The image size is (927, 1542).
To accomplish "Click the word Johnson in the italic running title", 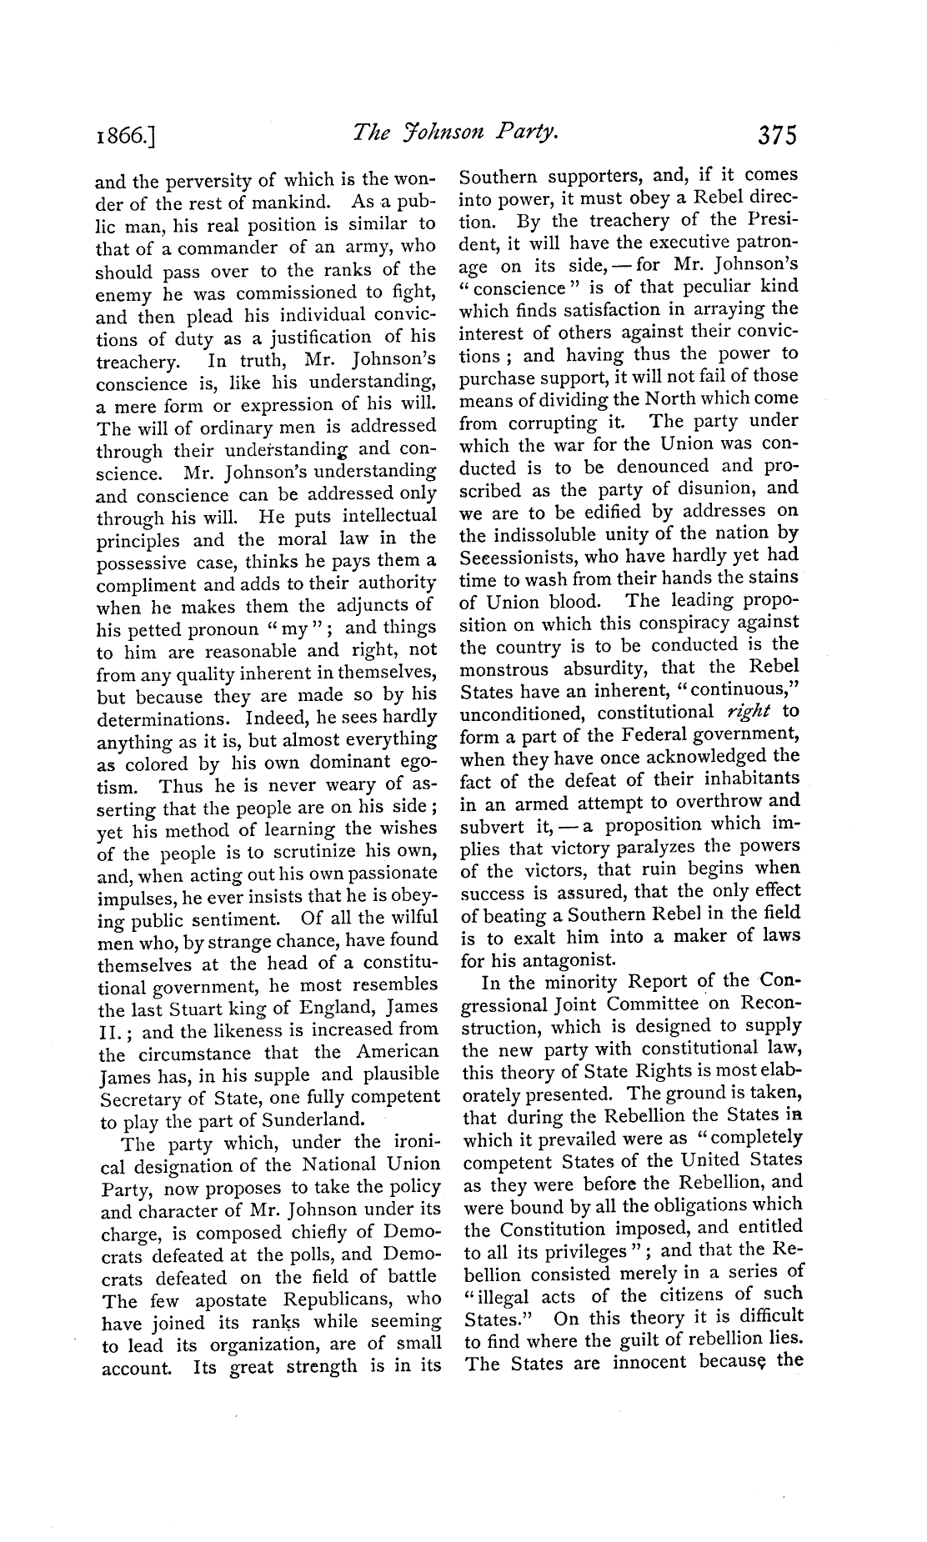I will (x=436, y=133).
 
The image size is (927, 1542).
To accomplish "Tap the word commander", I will (x=228, y=248).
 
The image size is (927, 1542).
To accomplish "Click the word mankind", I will (x=289, y=203).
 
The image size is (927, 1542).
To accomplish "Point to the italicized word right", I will (x=747, y=712).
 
